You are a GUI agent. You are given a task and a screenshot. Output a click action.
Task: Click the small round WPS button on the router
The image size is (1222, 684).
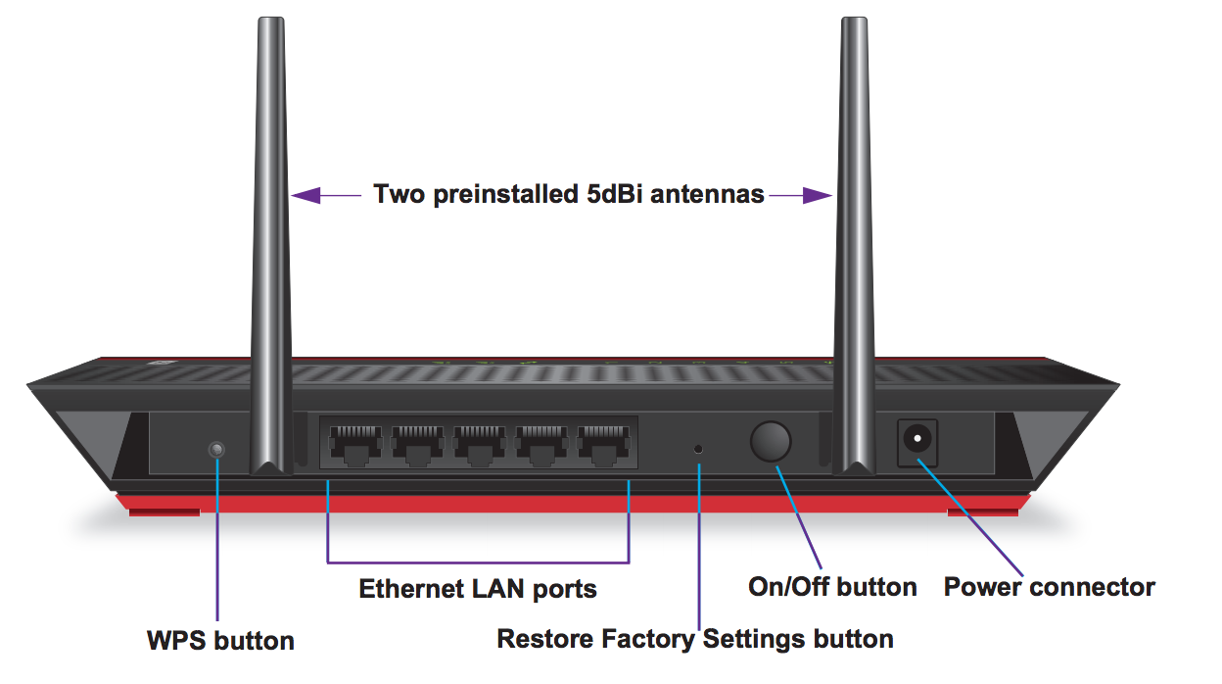[x=217, y=449]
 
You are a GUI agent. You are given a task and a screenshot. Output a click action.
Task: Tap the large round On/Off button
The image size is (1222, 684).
[x=771, y=442]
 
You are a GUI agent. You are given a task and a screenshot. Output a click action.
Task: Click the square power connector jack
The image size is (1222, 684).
[x=918, y=442]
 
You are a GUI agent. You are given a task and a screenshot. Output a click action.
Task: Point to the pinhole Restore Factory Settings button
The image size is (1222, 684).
[x=698, y=448]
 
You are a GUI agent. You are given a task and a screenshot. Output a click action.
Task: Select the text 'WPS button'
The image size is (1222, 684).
[x=220, y=641]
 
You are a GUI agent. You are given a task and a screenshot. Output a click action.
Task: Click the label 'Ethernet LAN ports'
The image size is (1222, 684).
[x=478, y=589]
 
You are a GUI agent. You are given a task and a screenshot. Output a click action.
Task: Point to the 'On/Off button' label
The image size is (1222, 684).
[x=832, y=587]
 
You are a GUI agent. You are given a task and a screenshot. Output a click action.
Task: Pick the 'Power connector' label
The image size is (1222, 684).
[x=1049, y=587]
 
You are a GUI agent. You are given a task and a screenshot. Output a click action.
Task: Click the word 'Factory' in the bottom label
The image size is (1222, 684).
[x=647, y=640]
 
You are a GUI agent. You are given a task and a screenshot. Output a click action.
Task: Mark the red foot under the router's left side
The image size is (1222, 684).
[x=163, y=510]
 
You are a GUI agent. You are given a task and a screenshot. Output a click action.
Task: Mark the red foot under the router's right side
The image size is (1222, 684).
[x=983, y=510]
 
